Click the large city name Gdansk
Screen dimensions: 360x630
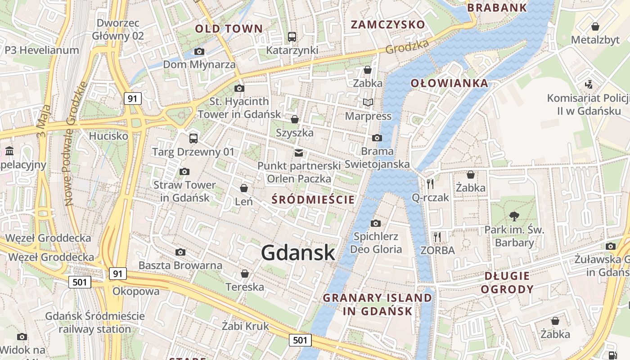click(298, 252)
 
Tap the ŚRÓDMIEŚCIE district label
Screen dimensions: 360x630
click(313, 199)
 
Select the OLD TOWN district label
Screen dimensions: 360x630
click(229, 29)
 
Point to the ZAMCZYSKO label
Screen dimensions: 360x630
click(387, 24)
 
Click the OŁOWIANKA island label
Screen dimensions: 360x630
click(449, 83)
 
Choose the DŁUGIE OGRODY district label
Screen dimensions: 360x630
click(507, 283)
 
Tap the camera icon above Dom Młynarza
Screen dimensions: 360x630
click(199, 51)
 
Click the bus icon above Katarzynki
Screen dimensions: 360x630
click(292, 36)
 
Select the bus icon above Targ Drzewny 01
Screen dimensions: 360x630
click(193, 138)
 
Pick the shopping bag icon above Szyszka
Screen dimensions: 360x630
click(295, 119)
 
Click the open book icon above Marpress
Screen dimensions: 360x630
click(368, 103)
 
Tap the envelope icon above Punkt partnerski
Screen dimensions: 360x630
click(299, 153)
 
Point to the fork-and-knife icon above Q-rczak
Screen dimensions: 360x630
click(430, 184)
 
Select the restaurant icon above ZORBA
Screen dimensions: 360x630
click(437, 237)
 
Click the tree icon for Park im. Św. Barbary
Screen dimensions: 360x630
click(514, 216)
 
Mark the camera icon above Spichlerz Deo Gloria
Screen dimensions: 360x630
click(376, 223)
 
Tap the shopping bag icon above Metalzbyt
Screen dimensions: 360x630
click(595, 26)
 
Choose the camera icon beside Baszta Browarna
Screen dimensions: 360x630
click(180, 252)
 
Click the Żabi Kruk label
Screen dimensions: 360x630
click(245, 326)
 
